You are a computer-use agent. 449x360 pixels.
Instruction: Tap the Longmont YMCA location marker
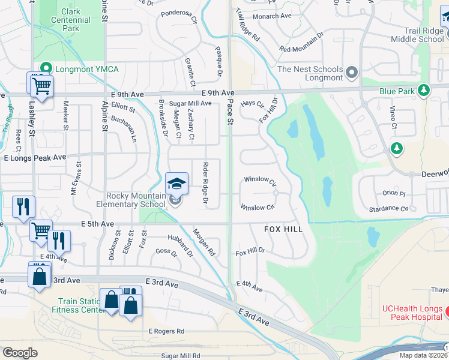coord(44,69)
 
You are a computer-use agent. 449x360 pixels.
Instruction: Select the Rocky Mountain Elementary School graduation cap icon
coord(176,184)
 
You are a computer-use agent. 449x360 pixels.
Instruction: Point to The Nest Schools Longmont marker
coord(352,73)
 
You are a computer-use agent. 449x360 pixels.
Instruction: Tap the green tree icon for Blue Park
coord(424,91)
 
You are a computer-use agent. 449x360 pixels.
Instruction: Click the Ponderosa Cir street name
coord(178,16)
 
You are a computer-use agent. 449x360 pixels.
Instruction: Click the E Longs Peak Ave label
coord(34,157)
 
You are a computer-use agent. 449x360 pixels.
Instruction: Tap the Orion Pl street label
coord(394,193)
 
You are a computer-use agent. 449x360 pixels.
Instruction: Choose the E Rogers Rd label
coord(166,331)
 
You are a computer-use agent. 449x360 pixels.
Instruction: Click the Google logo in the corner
coord(20,352)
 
